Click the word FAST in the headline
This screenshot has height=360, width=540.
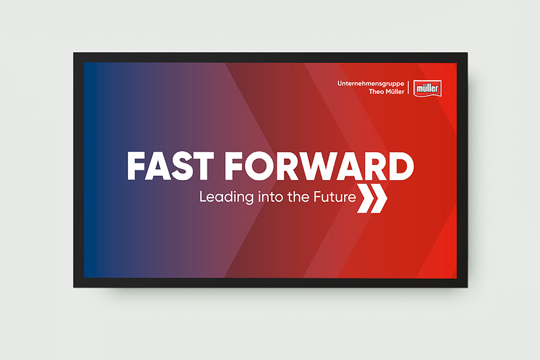click(x=170, y=166)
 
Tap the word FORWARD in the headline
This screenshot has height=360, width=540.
click(x=319, y=166)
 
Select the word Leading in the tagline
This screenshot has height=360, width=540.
click(x=226, y=198)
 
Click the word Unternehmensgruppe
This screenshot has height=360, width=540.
click(x=371, y=84)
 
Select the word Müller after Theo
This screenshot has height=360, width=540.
click(x=395, y=92)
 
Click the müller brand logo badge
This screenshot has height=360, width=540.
click(x=427, y=89)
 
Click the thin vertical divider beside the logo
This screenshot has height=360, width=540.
click(x=408, y=87)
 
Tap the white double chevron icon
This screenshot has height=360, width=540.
click(x=372, y=198)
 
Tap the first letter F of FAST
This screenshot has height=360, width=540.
click(x=136, y=166)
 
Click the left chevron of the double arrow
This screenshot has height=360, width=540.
click(x=364, y=198)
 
